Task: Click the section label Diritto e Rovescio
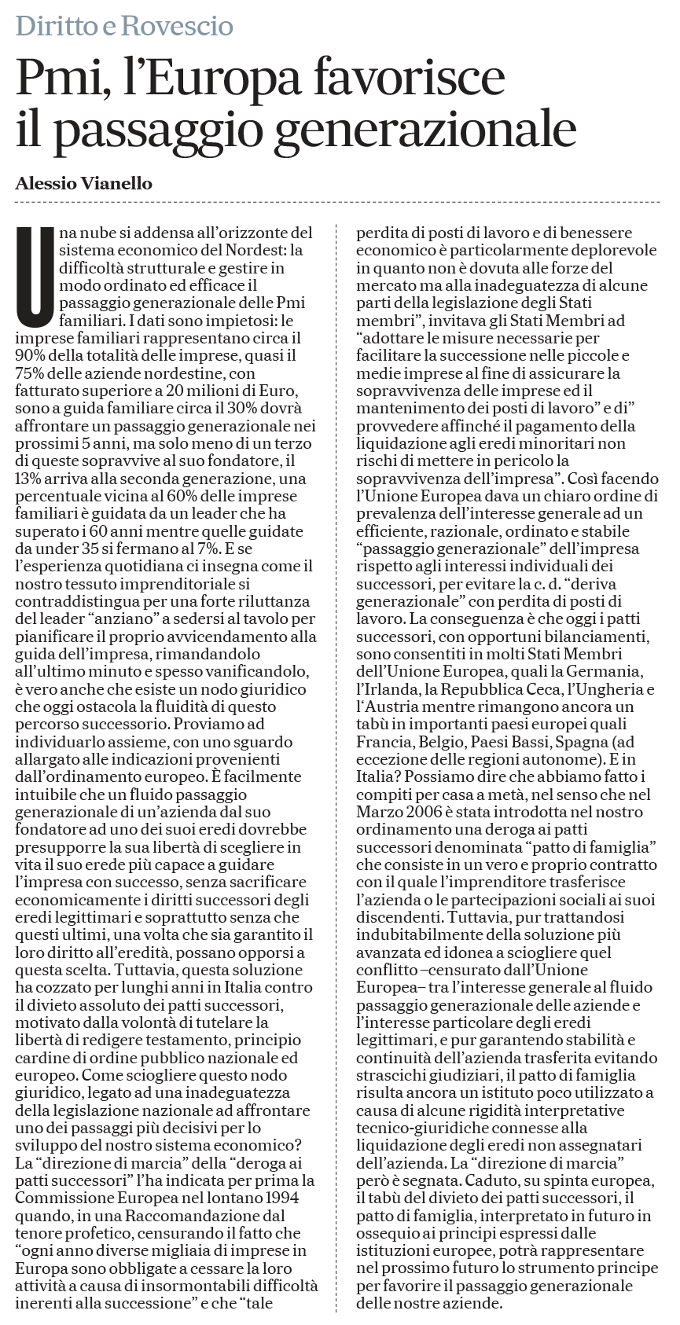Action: tap(124, 27)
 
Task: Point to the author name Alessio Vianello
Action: tap(83, 184)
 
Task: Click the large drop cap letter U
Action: tap(34, 277)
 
